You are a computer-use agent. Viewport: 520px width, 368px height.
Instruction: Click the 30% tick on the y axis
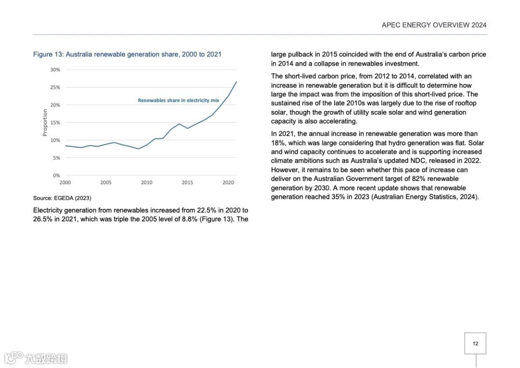point(55,70)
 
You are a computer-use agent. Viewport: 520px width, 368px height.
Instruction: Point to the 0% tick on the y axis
point(56,176)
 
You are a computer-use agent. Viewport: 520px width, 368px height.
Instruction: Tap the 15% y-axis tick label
point(55,123)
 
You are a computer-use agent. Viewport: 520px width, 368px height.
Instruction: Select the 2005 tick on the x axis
point(106,183)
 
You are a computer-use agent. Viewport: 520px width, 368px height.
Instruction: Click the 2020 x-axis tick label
point(228,183)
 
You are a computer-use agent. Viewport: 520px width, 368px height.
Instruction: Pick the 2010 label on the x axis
point(146,183)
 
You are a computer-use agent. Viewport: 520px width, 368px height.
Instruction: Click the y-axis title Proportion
point(45,123)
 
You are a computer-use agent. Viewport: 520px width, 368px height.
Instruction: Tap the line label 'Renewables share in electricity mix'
point(178,100)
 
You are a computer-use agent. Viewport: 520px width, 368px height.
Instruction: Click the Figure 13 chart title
point(127,55)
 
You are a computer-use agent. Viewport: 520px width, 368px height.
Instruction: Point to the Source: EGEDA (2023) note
point(62,198)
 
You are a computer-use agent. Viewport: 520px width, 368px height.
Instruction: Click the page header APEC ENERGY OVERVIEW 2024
point(434,25)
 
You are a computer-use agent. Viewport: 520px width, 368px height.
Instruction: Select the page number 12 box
point(475,343)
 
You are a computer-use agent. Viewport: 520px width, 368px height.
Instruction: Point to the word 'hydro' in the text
point(401,143)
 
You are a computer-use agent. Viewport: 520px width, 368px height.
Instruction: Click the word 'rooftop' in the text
point(465,103)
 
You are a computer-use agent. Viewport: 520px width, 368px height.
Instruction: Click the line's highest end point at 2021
point(236,82)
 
